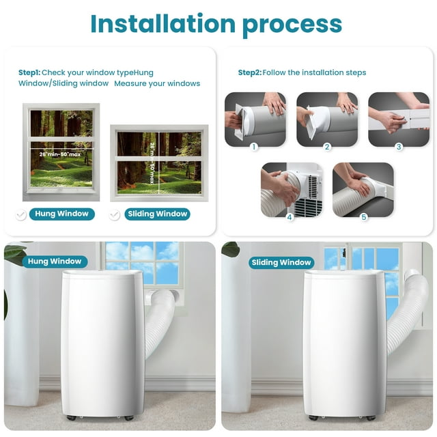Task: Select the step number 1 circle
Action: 254,146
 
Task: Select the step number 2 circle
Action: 326,146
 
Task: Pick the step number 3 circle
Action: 399,146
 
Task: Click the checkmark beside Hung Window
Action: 21,214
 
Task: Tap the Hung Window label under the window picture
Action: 63,214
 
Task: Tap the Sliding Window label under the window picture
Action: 157,214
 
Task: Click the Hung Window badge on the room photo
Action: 55,261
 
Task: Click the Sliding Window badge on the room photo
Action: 281,262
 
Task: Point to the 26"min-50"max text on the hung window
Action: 61,154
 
